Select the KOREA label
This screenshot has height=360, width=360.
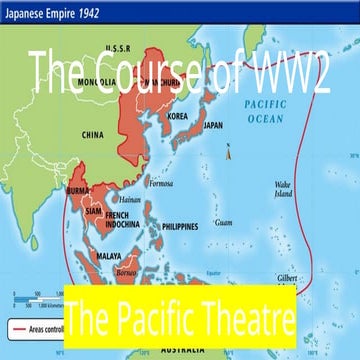177,116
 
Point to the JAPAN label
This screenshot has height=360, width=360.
213,126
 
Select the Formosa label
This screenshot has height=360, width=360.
160,183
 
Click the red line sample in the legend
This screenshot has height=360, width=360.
21,299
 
